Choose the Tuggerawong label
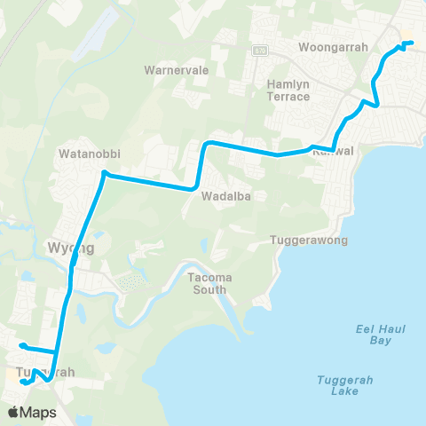pyautogui.click(x=307, y=241)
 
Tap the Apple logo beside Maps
pyautogui.click(x=14, y=412)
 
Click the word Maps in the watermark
pyautogui.click(x=39, y=412)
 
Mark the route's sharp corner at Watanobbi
pyautogui.click(x=104, y=172)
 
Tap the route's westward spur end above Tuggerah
pyautogui.click(x=20, y=345)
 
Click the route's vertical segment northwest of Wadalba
pyautogui.click(x=202, y=164)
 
